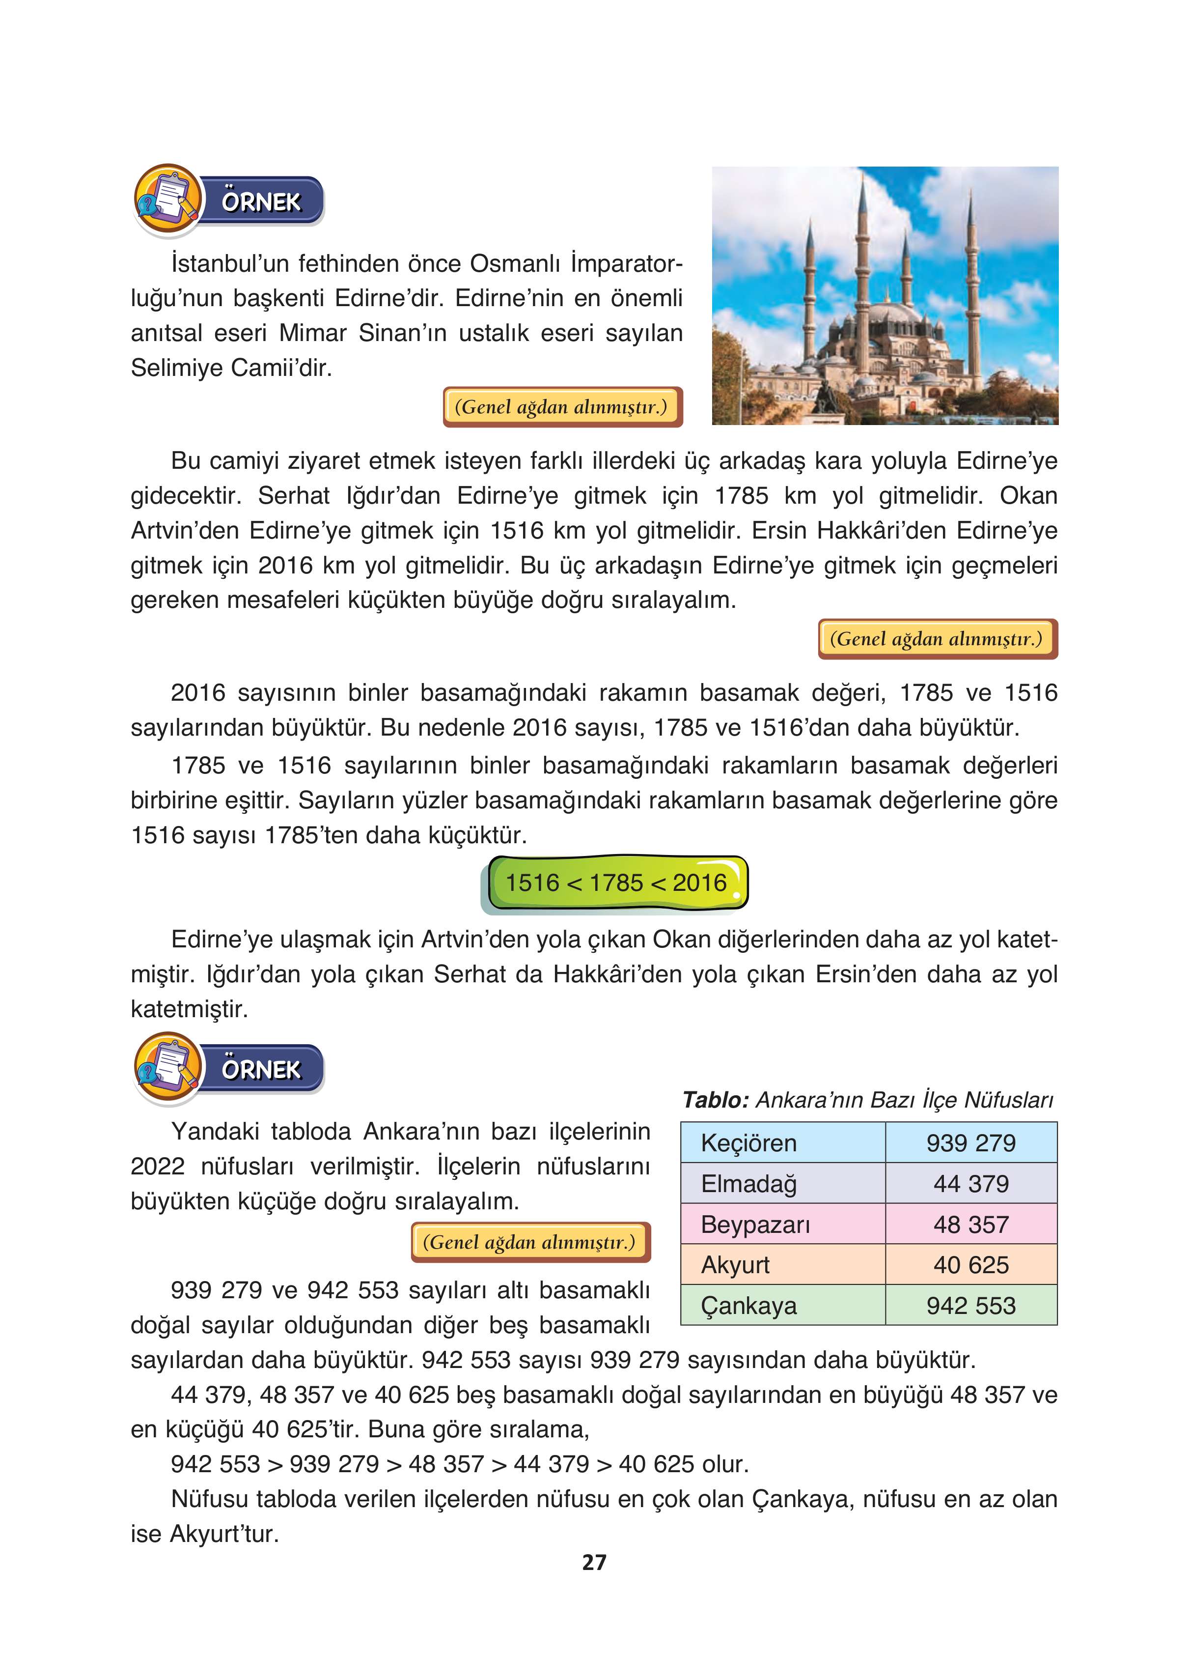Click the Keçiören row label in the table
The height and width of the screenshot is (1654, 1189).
[x=748, y=1143]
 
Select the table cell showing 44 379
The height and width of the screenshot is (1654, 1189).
[x=970, y=1184]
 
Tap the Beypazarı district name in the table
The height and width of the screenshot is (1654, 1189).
[x=755, y=1225]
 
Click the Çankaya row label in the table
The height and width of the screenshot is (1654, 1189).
[x=748, y=1306]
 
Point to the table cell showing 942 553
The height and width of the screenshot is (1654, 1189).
[x=970, y=1306]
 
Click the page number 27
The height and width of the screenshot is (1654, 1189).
[x=594, y=1562]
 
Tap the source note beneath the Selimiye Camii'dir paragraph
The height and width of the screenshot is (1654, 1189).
[x=561, y=407]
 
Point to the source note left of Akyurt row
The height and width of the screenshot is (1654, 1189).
[x=530, y=1242]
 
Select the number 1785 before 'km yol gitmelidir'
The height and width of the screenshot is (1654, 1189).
[x=741, y=496]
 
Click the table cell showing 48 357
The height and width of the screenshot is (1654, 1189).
[x=970, y=1225]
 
